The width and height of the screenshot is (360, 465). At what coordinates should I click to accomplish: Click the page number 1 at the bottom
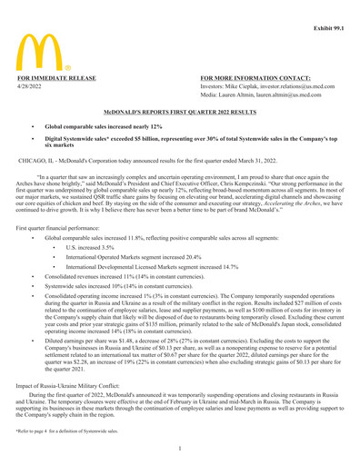[180, 448]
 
